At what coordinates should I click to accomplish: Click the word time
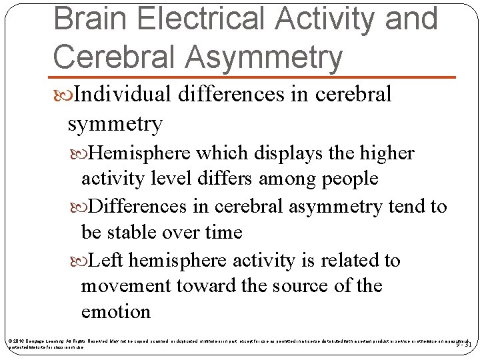222,232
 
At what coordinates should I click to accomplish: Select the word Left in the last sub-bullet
105,260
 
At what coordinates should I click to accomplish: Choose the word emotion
115,311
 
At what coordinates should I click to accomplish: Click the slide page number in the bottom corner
464,345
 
